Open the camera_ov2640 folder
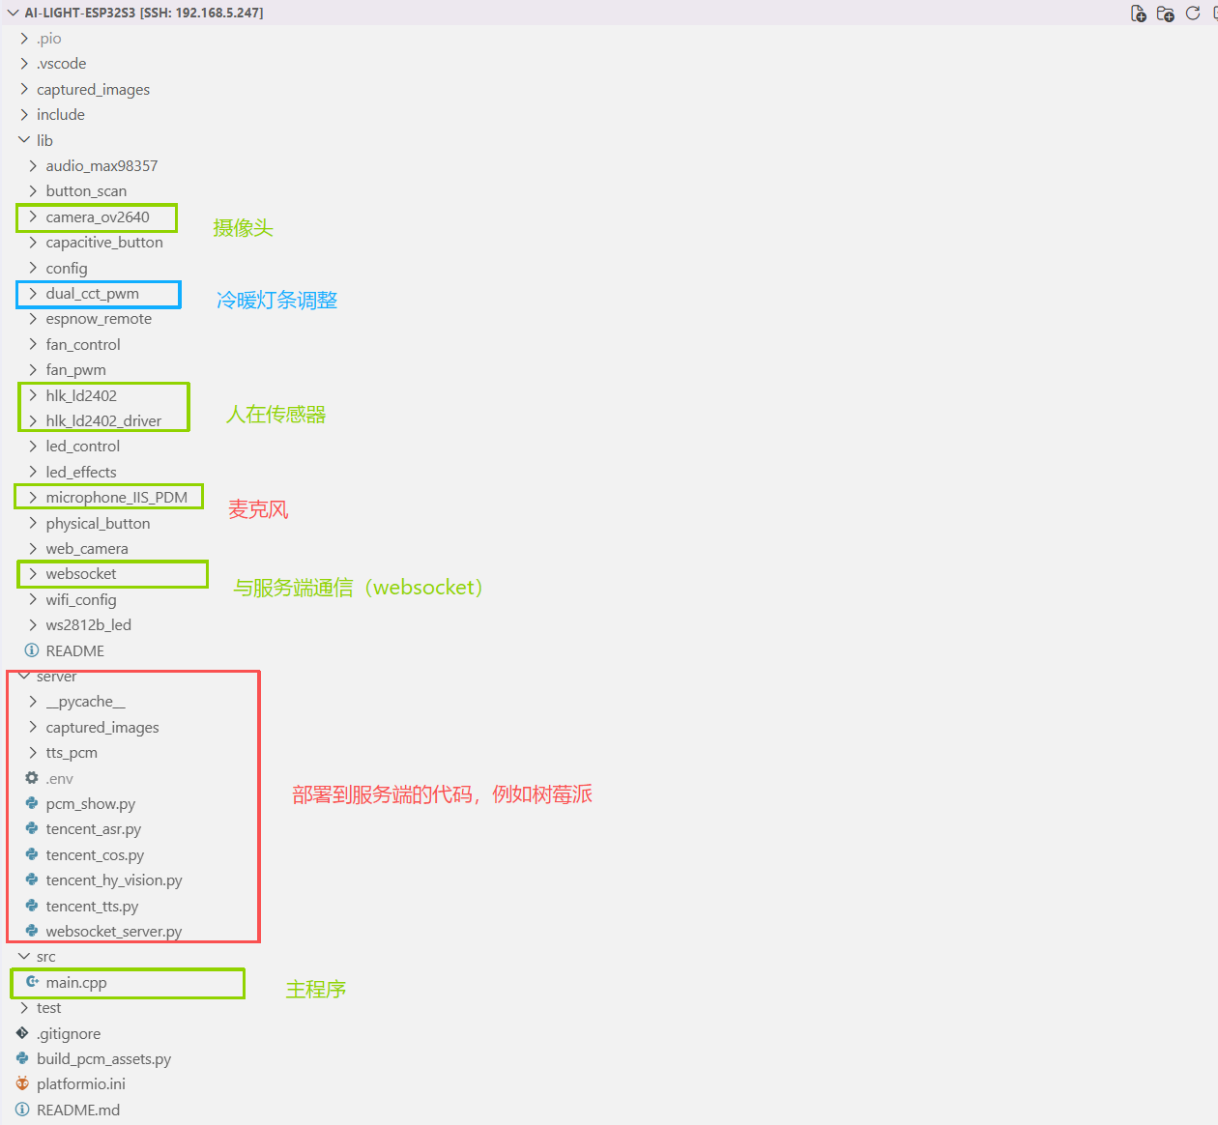click(98, 217)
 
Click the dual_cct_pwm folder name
click(93, 294)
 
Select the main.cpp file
click(76, 983)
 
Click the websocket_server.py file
click(114, 932)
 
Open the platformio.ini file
click(81, 1084)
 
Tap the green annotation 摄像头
click(243, 228)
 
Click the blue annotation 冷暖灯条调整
click(276, 300)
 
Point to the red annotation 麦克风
click(258, 509)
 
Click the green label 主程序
click(316, 989)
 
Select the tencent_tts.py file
click(92, 906)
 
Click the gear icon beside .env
click(32, 778)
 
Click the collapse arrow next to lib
click(24, 140)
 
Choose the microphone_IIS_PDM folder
click(117, 498)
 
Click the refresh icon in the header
click(1192, 13)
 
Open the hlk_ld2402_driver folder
click(103, 420)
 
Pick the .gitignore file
click(69, 1033)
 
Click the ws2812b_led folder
click(88, 625)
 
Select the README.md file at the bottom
click(78, 1111)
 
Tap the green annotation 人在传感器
click(275, 414)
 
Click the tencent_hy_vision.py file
click(114, 880)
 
